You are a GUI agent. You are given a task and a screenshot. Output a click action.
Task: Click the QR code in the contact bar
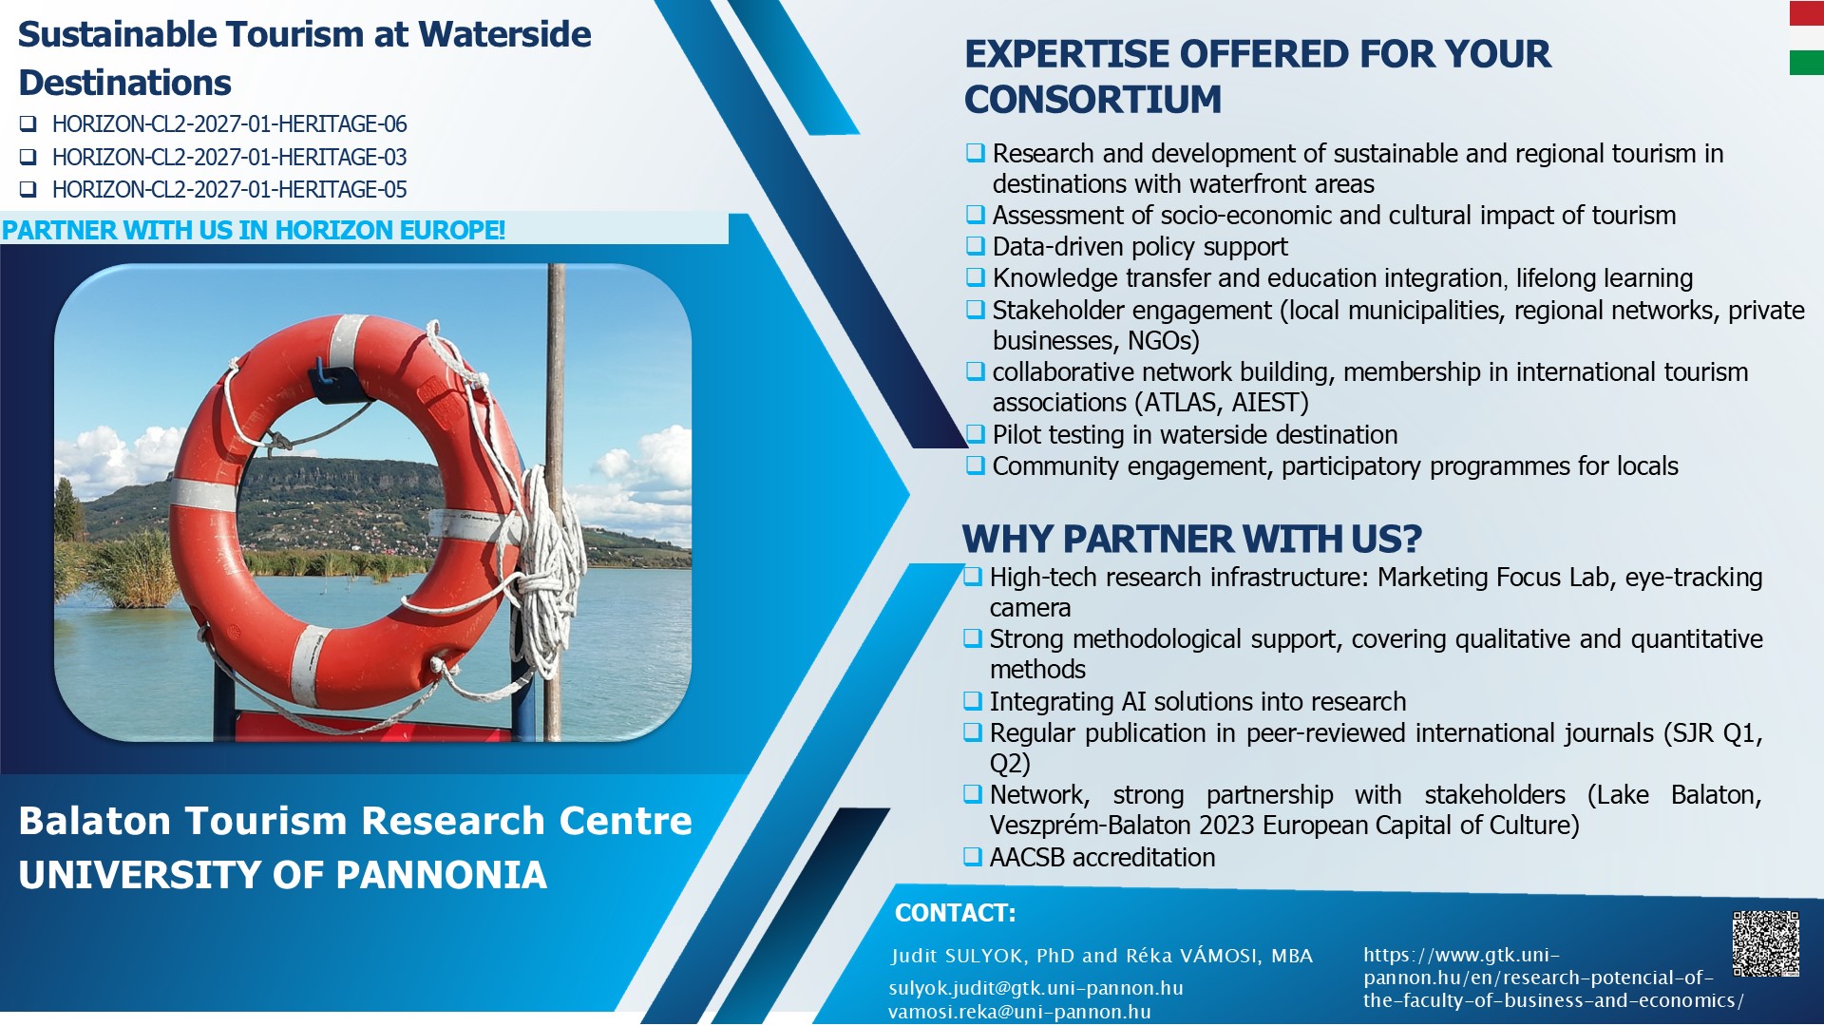(1765, 943)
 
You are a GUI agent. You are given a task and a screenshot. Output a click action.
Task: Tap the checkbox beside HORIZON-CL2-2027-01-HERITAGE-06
(28, 124)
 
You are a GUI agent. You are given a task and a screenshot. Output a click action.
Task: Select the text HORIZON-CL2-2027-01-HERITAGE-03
(229, 157)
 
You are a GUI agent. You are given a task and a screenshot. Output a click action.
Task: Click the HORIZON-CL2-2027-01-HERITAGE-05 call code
(229, 190)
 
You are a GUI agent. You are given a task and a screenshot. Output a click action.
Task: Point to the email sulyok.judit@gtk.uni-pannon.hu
(1035, 988)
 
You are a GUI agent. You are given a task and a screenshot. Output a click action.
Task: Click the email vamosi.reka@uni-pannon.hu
(1019, 1012)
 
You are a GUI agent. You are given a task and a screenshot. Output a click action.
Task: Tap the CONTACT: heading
(955, 913)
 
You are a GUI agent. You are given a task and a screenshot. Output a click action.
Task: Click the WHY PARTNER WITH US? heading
(1191, 540)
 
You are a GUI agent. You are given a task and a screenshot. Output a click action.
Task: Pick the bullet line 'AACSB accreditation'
(1102, 858)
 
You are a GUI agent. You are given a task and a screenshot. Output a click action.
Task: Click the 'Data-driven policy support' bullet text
(1140, 247)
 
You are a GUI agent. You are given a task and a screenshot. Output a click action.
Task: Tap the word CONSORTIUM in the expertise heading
(1092, 100)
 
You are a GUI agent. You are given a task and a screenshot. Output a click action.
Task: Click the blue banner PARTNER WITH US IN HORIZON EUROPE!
(254, 230)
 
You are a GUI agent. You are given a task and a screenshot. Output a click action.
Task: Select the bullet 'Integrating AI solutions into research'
(1197, 702)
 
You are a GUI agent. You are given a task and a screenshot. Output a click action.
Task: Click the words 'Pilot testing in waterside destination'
(1194, 435)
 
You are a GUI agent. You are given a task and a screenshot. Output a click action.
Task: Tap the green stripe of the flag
(1806, 63)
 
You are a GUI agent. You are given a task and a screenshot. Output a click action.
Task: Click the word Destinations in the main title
(125, 83)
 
